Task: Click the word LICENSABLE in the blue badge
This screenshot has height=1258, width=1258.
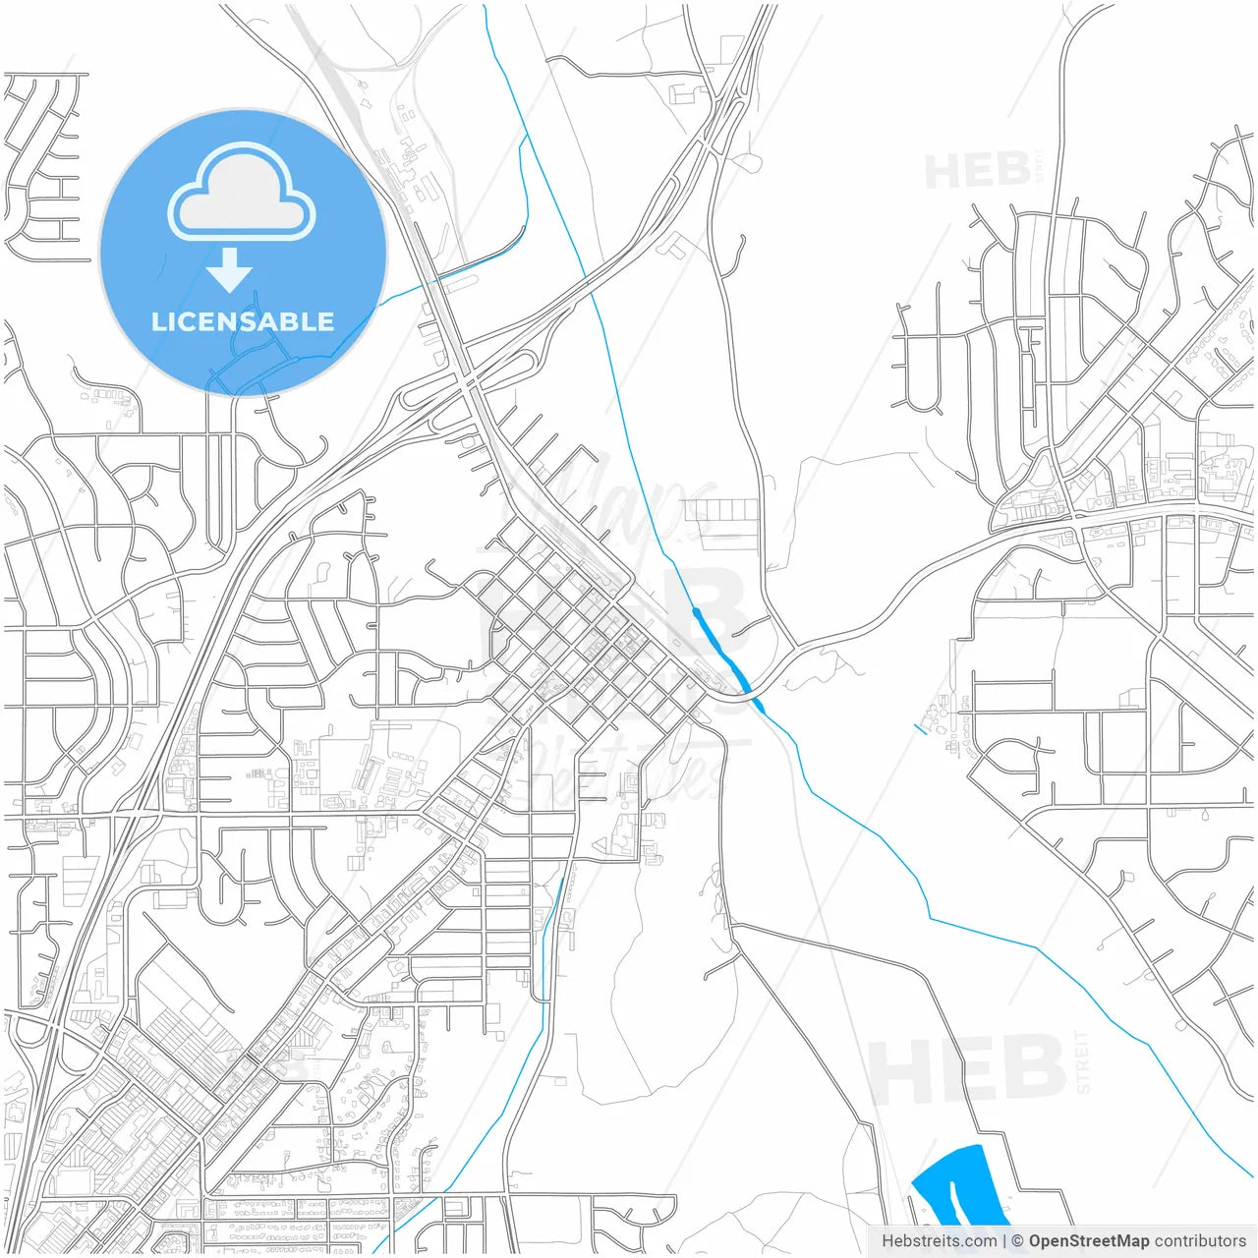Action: [243, 321]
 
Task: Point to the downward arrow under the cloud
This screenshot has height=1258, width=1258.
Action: [230, 270]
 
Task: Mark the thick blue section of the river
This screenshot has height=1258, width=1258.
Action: [720, 649]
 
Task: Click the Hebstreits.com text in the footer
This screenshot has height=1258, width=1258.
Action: [939, 1241]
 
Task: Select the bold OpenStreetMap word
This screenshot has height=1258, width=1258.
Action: [1089, 1241]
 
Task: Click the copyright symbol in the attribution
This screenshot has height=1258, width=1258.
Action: [1017, 1241]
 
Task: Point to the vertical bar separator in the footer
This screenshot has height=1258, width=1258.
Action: [1003, 1241]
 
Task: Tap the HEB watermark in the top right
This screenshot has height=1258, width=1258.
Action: [978, 172]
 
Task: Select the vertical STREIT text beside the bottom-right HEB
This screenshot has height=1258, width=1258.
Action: [1083, 1061]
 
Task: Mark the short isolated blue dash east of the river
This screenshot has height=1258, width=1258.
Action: [920, 728]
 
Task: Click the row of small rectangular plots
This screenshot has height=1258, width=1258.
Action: [720, 510]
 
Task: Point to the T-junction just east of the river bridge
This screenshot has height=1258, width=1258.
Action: [796, 650]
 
